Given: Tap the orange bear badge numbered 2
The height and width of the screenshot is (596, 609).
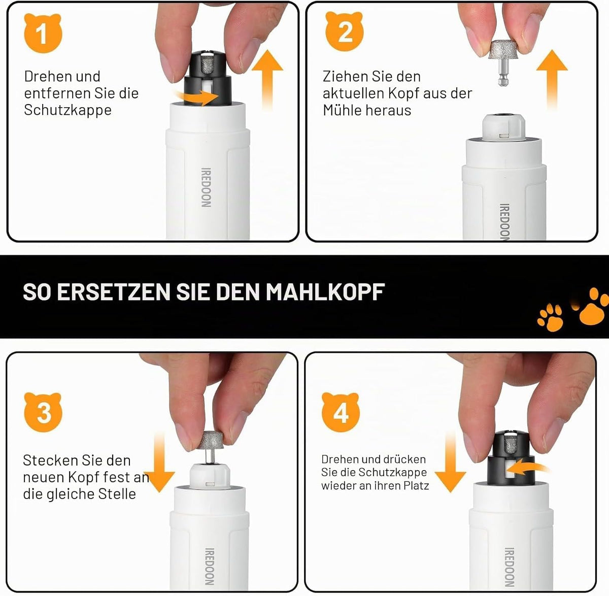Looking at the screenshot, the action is click(344, 31).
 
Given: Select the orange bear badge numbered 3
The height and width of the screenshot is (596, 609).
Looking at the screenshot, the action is click(43, 413).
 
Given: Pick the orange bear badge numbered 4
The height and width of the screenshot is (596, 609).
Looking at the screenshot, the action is click(341, 413).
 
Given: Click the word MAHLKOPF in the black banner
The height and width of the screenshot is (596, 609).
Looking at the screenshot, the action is click(325, 292).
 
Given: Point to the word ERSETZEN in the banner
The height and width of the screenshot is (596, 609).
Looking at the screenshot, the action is click(113, 292).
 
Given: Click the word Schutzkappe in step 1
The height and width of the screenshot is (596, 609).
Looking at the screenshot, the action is click(67, 110).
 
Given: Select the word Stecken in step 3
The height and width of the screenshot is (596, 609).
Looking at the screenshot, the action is click(47, 460).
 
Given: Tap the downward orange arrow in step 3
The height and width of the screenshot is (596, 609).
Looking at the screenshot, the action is click(159, 462).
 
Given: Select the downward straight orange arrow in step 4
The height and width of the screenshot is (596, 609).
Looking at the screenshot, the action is click(450, 462).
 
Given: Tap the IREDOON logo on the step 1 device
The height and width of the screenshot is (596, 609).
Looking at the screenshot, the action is click(206, 187).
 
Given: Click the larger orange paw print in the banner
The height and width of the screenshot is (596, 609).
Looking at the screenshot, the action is click(591, 307).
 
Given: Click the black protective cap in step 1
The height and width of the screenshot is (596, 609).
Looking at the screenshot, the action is click(208, 78).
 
